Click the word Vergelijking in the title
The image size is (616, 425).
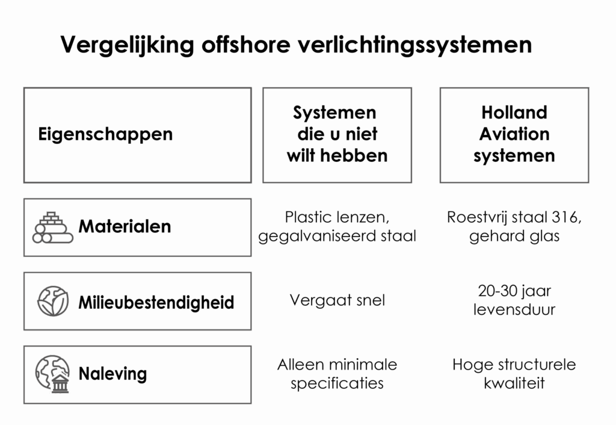[127, 45]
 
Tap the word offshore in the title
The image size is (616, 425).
[246, 44]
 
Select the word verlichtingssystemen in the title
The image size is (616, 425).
[415, 45]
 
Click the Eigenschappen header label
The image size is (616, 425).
[105, 134]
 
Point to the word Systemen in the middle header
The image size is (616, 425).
[334, 113]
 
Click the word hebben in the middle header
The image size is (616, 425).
[354, 155]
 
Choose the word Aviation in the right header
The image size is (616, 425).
[514, 134]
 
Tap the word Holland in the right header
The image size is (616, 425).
[514, 113]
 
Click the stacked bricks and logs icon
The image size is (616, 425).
[53, 228]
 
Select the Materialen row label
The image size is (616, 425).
[125, 226]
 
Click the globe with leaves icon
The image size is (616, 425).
[53, 301]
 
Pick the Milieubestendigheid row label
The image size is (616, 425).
[156, 302]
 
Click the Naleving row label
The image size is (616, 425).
[112, 373]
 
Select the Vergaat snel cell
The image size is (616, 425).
[337, 300]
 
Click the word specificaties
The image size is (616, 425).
[337, 383]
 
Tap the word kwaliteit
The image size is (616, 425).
[514, 383]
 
